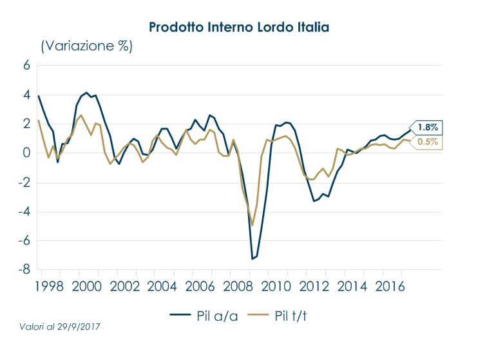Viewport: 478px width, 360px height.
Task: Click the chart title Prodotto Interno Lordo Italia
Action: click(239, 27)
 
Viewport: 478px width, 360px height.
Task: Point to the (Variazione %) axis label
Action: click(86, 46)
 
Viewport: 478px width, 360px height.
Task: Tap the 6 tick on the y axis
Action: click(26, 66)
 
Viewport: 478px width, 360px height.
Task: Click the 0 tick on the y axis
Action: click(26, 153)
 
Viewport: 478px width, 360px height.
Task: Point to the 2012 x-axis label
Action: click(319, 286)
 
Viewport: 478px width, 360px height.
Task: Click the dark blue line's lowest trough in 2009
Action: click(252, 259)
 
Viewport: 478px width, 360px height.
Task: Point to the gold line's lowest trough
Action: click(253, 225)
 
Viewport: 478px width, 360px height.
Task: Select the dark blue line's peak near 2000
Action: click(87, 93)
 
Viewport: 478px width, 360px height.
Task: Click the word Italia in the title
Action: click(312, 27)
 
